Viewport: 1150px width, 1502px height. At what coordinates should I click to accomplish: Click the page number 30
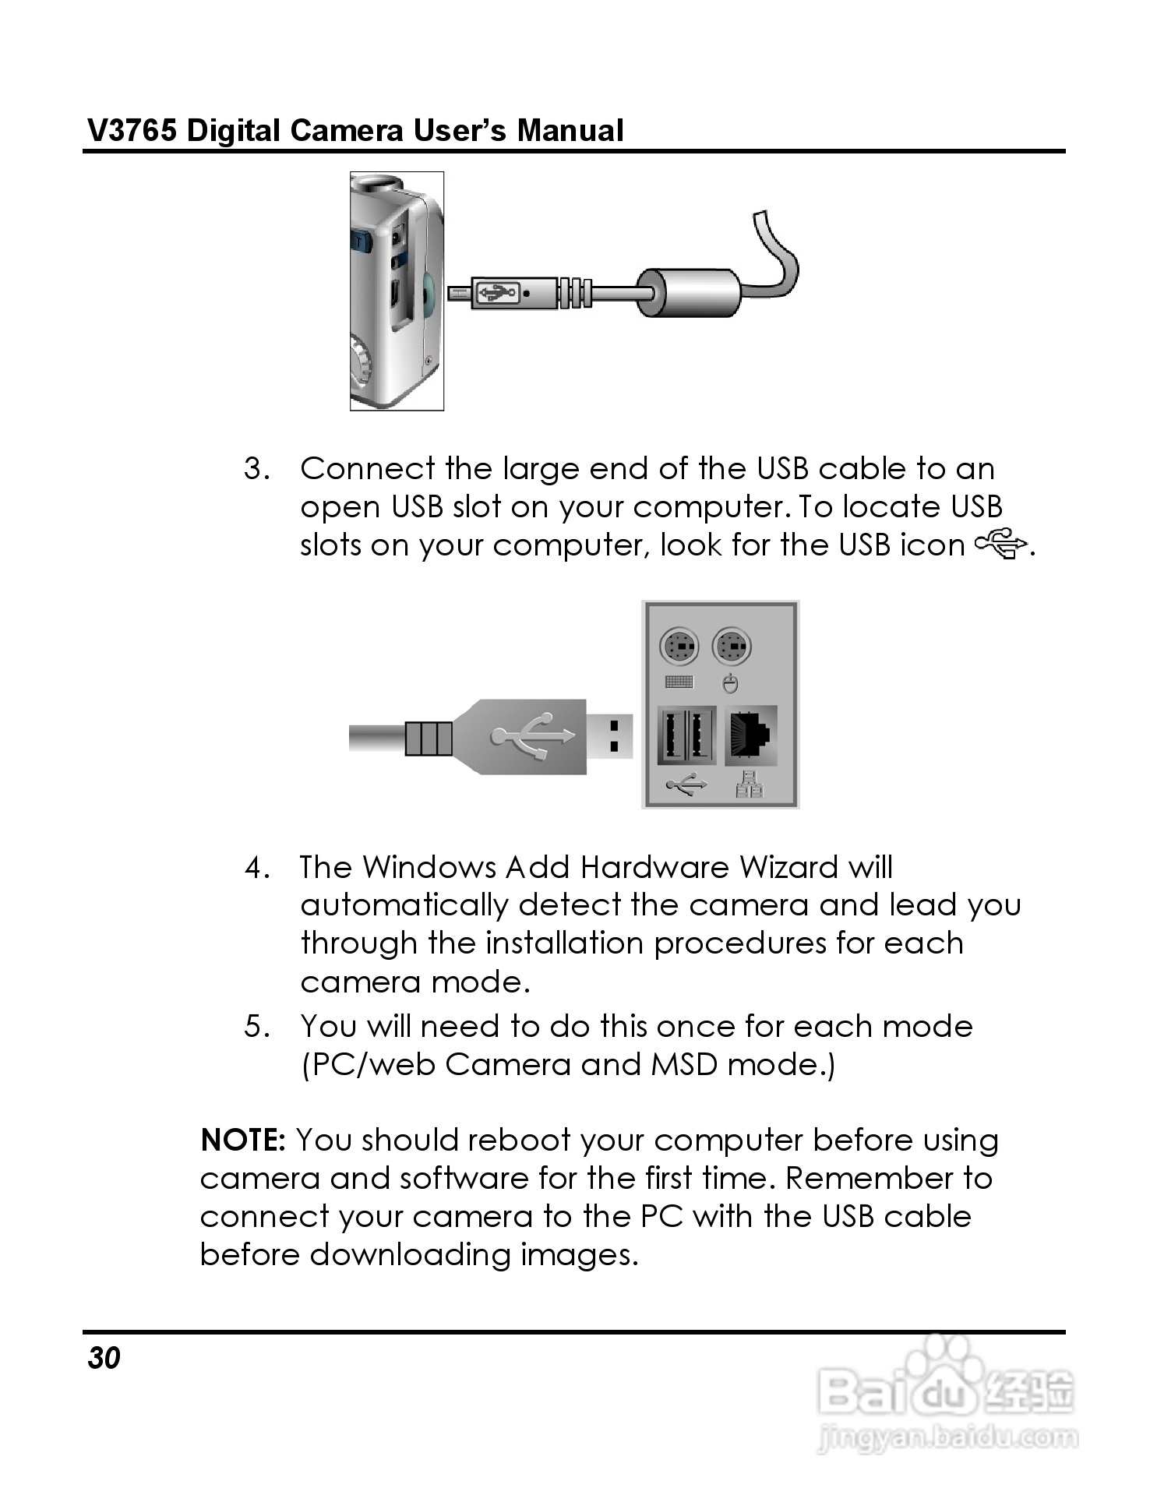point(104,1358)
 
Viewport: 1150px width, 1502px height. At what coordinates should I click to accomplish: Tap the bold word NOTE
point(243,1140)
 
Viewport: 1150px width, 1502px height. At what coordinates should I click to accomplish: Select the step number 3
point(257,469)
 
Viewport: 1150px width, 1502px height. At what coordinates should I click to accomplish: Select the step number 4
point(257,868)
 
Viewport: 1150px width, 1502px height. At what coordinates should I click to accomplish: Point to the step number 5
point(257,1027)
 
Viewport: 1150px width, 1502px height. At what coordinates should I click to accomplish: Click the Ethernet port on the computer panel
point(751,735)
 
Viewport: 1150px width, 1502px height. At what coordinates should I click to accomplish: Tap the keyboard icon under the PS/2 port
point(679,682)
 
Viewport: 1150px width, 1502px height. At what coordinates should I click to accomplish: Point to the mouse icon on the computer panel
point(731,683)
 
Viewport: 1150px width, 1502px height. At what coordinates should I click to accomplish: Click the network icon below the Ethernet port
point(750,784)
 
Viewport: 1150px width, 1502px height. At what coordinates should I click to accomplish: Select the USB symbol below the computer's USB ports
point(686,785)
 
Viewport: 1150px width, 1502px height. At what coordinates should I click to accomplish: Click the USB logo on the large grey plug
point(534,736)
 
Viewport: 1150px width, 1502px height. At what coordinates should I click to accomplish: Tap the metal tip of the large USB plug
point(610,736)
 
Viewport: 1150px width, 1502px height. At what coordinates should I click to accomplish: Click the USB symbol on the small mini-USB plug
point(496,293)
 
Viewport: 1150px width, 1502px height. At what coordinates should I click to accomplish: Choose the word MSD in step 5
point(683,1065)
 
